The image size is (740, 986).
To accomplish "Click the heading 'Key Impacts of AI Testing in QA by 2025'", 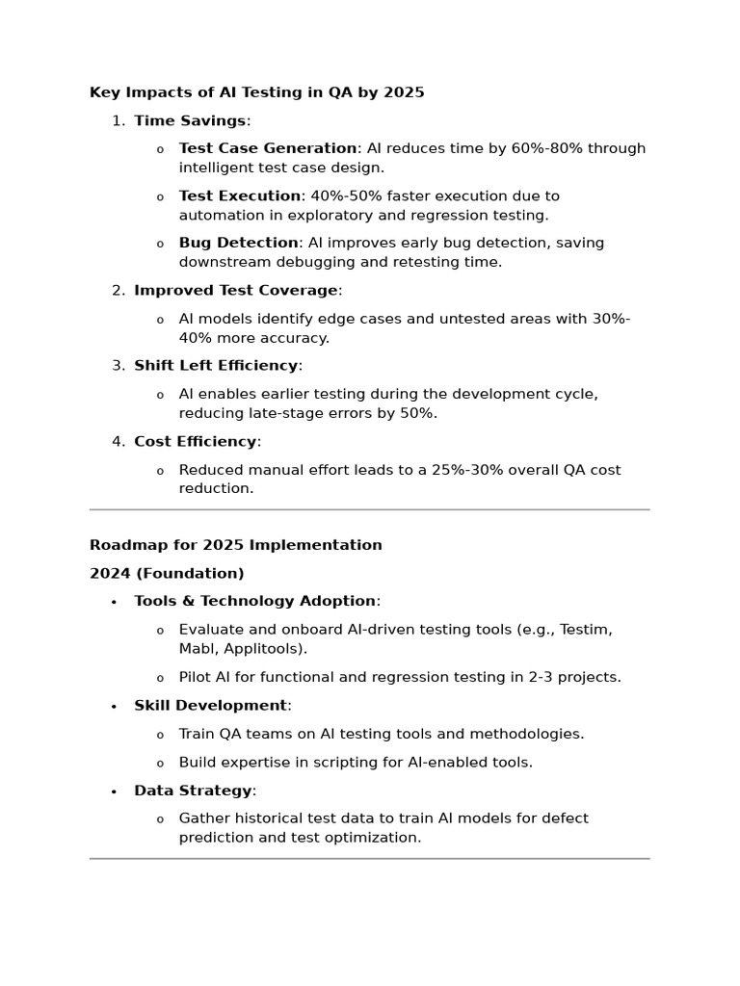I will (256, 92).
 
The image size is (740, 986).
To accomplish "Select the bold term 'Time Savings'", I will (190, 120).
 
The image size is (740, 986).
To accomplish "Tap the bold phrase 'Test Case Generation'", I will (268, 148).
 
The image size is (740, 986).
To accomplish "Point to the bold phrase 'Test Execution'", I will (240, 195).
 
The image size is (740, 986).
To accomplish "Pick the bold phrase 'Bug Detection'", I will (238, 243).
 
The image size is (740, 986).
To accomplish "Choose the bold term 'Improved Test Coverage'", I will (236, 290).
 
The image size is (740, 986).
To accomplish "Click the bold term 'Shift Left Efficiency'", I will (216, 366).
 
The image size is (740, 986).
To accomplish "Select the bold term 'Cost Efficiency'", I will (196, 442).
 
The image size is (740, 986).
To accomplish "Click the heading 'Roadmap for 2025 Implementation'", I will (236, 545).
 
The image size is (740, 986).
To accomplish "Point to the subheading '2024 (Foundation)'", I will (167, 574).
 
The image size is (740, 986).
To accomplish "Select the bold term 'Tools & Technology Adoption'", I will (254, 602).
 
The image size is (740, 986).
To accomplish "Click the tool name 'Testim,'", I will (586, 630).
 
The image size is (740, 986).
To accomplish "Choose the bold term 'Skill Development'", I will (210, 706).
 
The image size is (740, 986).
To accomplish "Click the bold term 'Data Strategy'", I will (193, 791).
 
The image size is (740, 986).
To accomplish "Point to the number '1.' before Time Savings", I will (119, 120).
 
